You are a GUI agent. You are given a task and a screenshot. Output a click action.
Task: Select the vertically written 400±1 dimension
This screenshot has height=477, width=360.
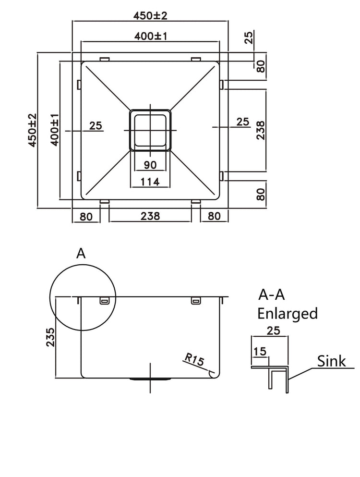click(x=54, y=130)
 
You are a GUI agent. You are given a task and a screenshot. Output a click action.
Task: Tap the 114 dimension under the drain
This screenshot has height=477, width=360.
click(x=150, y=182)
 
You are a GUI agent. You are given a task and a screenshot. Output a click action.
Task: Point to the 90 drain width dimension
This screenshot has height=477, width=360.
click(x=150, y=165)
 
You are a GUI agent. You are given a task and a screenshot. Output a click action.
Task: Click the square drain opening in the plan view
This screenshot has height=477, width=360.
click(x=150, y=130)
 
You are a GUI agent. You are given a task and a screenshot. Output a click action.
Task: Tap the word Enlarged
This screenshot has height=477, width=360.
click(x=288, y=313)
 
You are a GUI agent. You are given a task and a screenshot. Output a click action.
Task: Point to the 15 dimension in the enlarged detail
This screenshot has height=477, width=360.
click(x=260, y=352)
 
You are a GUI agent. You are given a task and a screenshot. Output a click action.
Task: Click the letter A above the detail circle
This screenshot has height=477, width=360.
click(x=81, y=253)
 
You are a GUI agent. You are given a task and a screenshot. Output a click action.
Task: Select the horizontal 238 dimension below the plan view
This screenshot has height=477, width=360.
click(x=150, y=216)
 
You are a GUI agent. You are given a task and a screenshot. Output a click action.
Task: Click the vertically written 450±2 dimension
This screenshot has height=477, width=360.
click(x=32, y=130)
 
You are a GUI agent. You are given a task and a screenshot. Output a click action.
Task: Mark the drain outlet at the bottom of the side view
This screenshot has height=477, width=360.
click(x=150, y=379)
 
